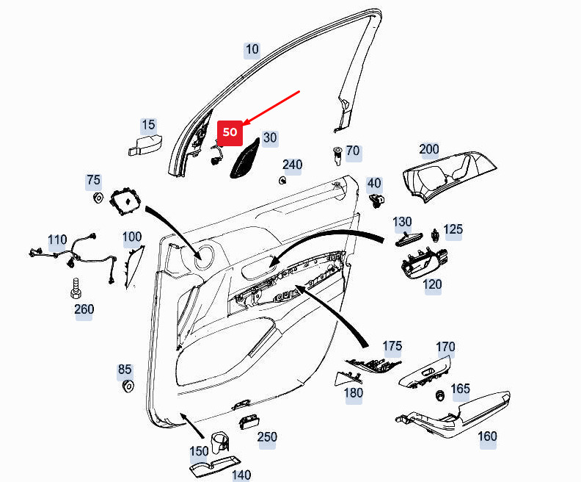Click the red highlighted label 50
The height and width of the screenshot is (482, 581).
pyautogui.click(x=230, y=132)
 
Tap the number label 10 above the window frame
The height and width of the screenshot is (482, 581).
pyautogui.click(x=252, y=50)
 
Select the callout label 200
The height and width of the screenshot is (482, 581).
pyautogui.click(x=429, y=149)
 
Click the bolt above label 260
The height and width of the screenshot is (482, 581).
pyautogui.click(x=75, y=287)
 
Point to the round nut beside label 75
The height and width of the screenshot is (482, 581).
pyautogui.click(x=96, y=197)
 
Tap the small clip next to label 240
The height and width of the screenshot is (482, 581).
pyautogui.click(x=282, y=180)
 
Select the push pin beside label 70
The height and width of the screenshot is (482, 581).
pyautogui.click(x=337, y=157)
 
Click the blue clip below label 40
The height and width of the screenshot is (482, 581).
pyautogui.click(x=376, y=198)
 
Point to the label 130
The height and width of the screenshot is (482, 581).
pyautogui.click(x=402, y=221)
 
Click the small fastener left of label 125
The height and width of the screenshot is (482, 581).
pyautogui.click(x=436, y=235)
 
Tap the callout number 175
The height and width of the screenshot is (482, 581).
pyautogui.click(x=392, y=345)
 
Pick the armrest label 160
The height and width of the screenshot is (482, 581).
pyautogui.click(x=487, y=436)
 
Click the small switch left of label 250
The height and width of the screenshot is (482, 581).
pyautogui.click(x=247, y=420)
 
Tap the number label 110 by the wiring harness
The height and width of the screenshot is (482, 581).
pyautogui.click(x=57, y=240)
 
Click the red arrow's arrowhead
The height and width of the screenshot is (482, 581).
pyautogui.click(x=244, y=121)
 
